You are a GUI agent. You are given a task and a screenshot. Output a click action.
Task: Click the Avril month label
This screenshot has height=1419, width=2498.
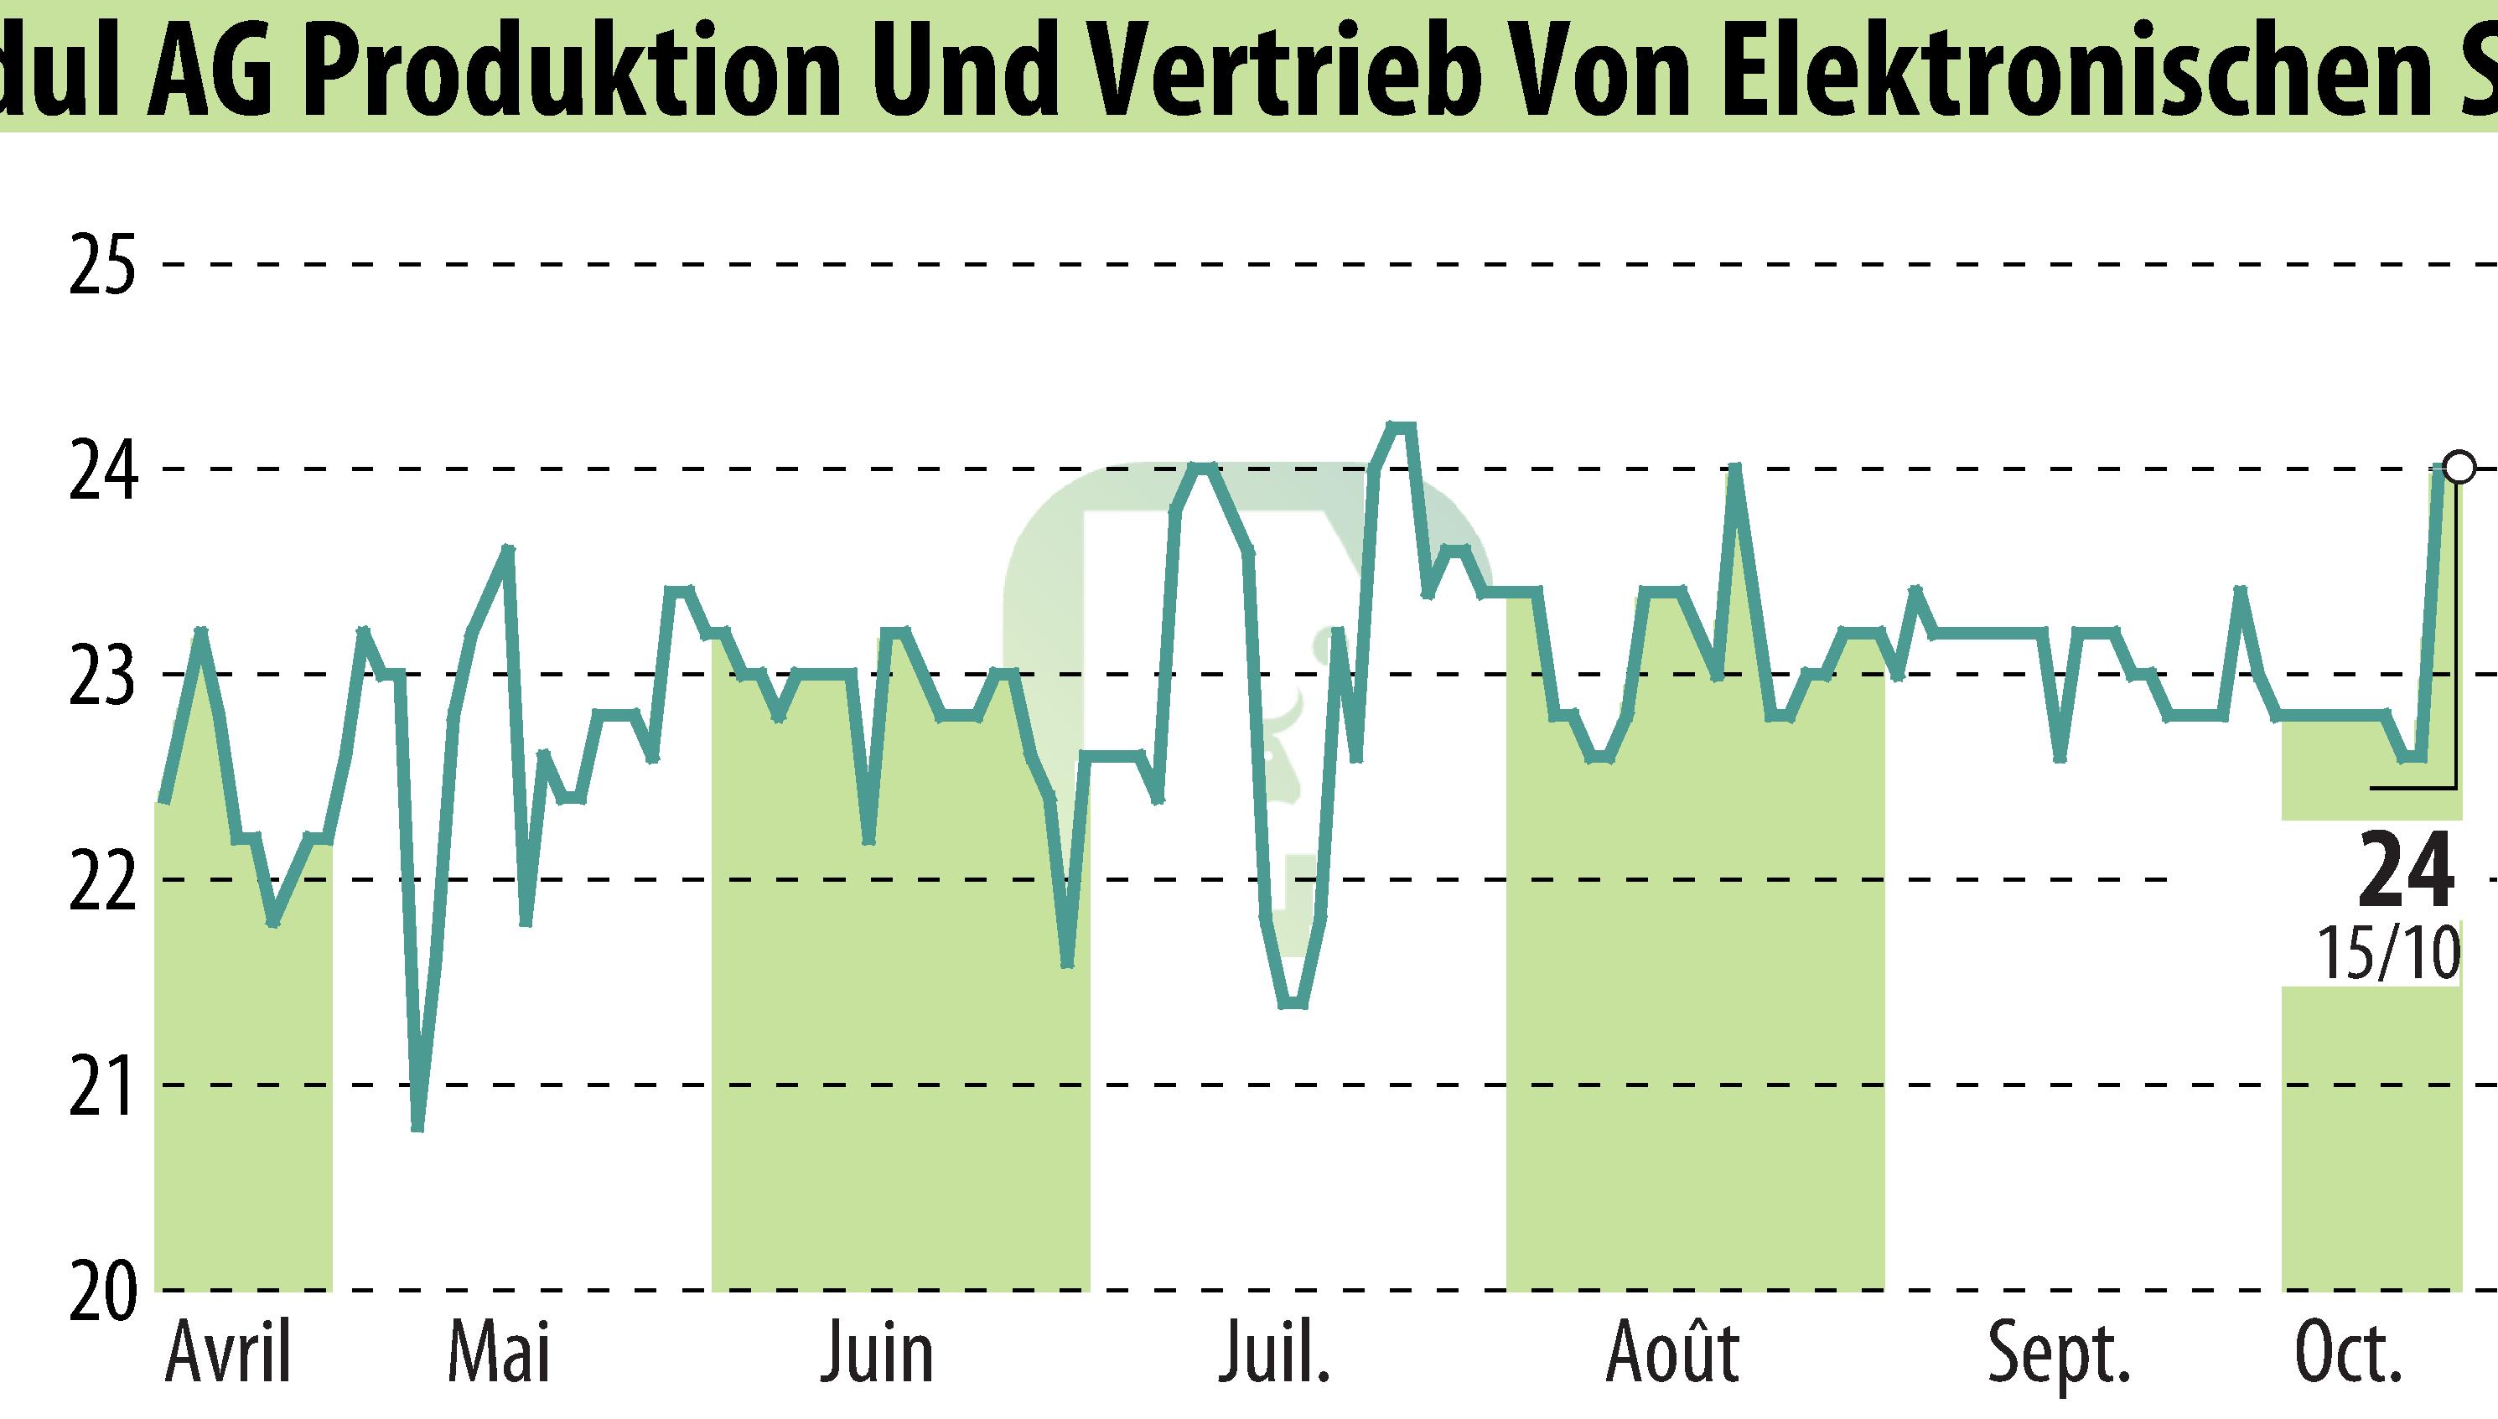229,1354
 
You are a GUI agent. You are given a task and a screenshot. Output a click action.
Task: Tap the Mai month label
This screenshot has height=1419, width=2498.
499,1354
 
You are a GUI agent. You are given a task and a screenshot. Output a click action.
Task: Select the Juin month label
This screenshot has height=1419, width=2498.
877,1354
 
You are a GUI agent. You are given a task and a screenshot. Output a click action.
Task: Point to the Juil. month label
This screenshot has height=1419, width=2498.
1275,1354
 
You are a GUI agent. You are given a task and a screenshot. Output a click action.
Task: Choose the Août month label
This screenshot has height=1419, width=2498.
1672,1354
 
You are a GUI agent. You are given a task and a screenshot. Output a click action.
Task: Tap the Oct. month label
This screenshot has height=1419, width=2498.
2346,1354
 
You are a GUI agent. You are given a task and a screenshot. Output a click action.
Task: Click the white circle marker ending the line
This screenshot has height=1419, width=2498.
2459,468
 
